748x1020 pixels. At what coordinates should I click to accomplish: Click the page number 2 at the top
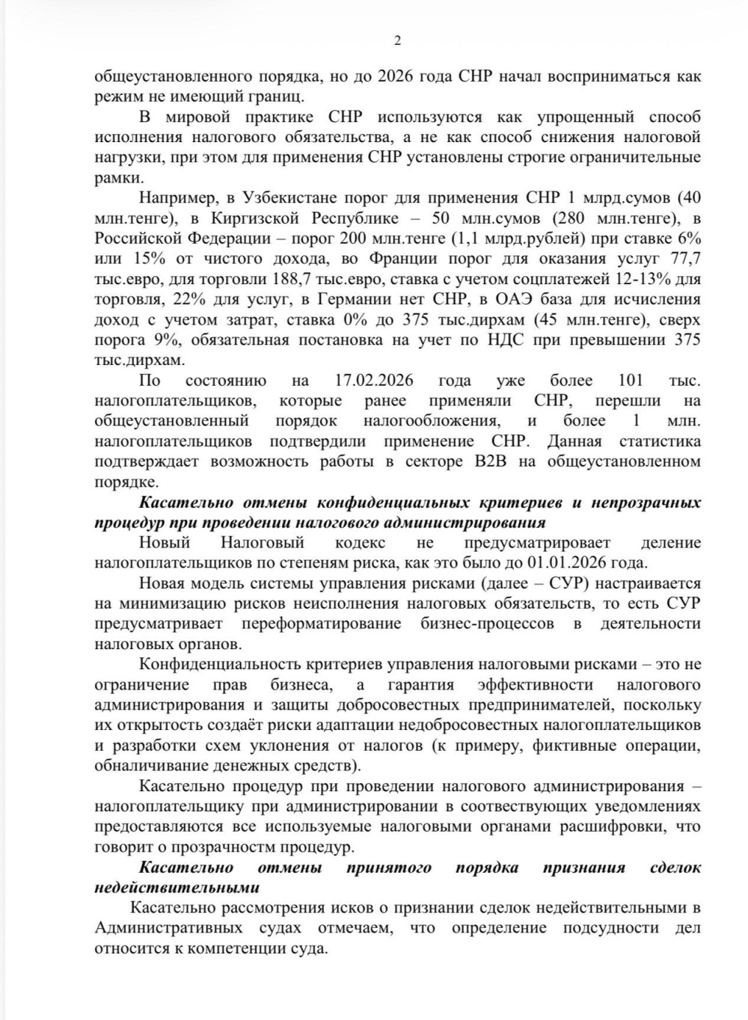click(397, 41)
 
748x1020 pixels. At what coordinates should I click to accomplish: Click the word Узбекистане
click(289, 198)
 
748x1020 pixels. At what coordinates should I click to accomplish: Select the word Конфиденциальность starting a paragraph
click(219, 664)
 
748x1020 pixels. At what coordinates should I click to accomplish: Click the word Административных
click(169, 928)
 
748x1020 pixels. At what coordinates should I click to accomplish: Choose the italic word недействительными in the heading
click(177, 888)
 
